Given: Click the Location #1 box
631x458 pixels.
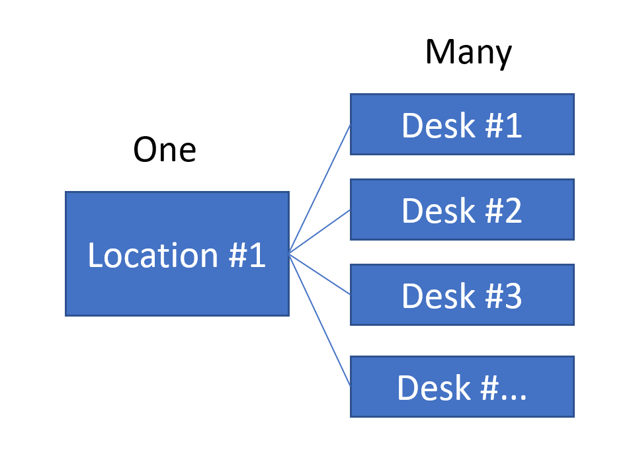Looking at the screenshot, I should tap(177, 254).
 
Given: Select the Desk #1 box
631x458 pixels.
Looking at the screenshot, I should tap(462, 124).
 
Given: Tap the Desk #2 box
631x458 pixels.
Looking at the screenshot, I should tap(462, 210).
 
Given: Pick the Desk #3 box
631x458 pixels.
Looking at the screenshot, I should tap(462, 295).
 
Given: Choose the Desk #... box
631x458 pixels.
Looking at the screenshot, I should tap(462, 387).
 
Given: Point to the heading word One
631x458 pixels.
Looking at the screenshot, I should tap(165, 149).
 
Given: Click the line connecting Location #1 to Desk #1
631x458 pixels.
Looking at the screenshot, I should tap(320, 188).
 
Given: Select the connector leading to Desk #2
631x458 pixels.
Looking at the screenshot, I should tap(320, 231).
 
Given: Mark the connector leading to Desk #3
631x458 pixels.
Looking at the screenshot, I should tap(320, 274).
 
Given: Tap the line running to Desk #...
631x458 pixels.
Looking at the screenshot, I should tap(320, 320).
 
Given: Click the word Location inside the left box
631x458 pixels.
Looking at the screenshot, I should tap(153, 255).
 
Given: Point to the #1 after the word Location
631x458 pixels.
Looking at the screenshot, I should tap(247, 255).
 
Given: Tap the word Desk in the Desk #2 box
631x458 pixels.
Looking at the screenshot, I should tap(429, 210).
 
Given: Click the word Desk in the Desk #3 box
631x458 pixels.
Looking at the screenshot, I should tap(429, 295).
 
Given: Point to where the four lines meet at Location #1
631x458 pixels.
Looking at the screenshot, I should tap(290, 253).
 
